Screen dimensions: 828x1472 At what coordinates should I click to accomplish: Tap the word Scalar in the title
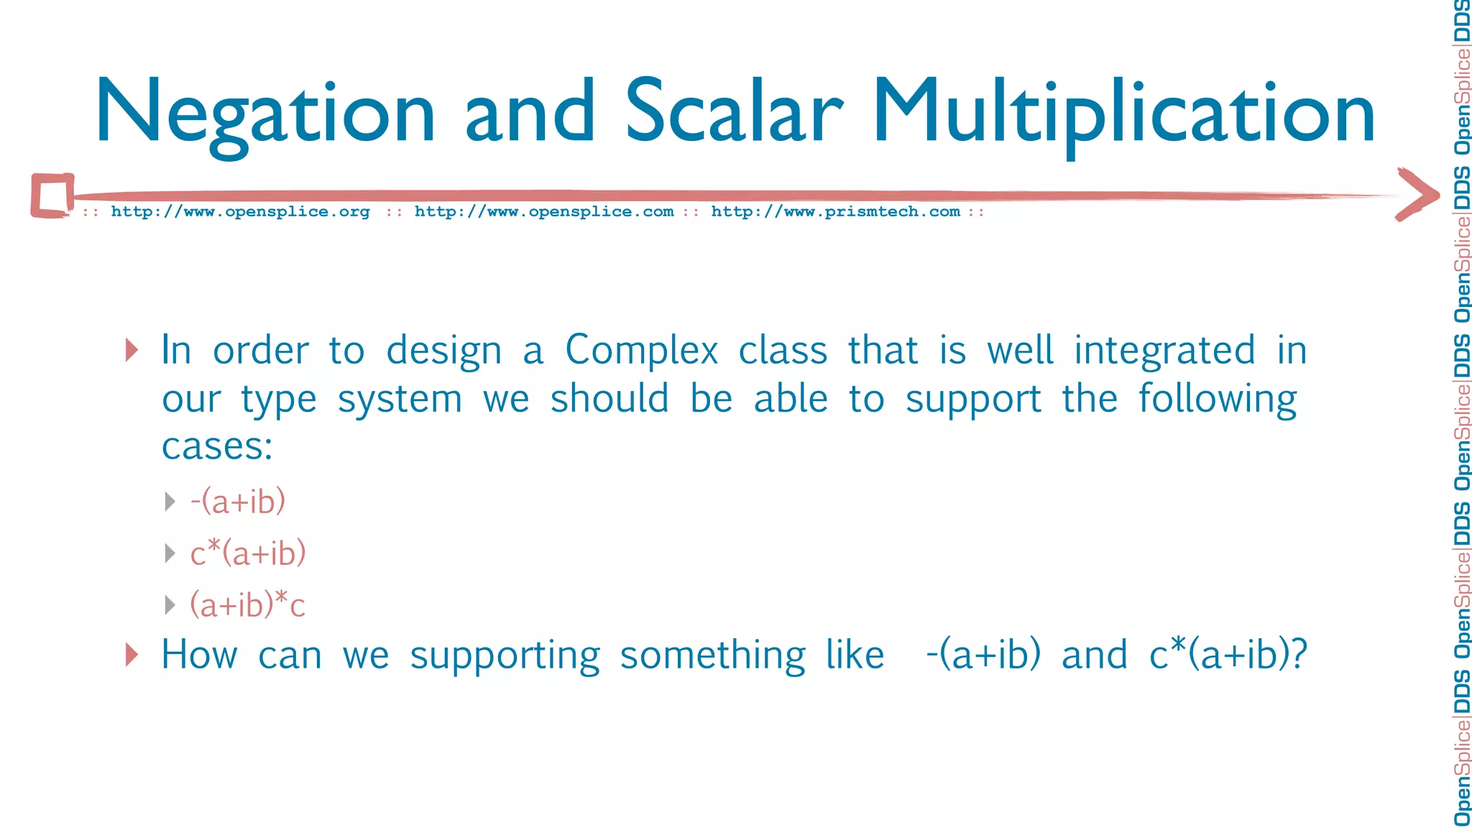[733, 112]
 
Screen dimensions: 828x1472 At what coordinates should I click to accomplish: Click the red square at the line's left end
[52, 195]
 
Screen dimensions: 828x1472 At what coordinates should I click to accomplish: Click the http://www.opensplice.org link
[240, 212]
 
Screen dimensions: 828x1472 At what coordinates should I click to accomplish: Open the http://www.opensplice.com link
[544, 212]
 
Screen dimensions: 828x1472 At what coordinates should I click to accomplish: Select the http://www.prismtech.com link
[835, 212]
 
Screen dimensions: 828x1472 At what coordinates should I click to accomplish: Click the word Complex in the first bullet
[641, 351]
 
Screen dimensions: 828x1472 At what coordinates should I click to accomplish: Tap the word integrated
[1164, 351]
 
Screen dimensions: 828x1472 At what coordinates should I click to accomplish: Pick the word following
[1218, 400]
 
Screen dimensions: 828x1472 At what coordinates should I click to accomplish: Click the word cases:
[217, 447]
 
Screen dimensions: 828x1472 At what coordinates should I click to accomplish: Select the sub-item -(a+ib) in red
[238, 501]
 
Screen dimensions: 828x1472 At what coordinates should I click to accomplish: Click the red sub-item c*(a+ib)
[248, 553]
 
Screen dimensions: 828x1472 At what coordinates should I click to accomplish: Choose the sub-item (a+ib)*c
[247, 604]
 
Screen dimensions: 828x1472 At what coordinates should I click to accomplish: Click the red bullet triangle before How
[132, 655]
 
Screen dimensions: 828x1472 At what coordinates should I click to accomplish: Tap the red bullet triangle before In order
[132, 350]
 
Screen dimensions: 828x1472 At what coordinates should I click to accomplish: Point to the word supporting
[505, 656]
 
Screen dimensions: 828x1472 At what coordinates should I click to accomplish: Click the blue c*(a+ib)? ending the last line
[1228, 655]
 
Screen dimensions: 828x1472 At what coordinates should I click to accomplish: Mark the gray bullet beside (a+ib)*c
[170, 604]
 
